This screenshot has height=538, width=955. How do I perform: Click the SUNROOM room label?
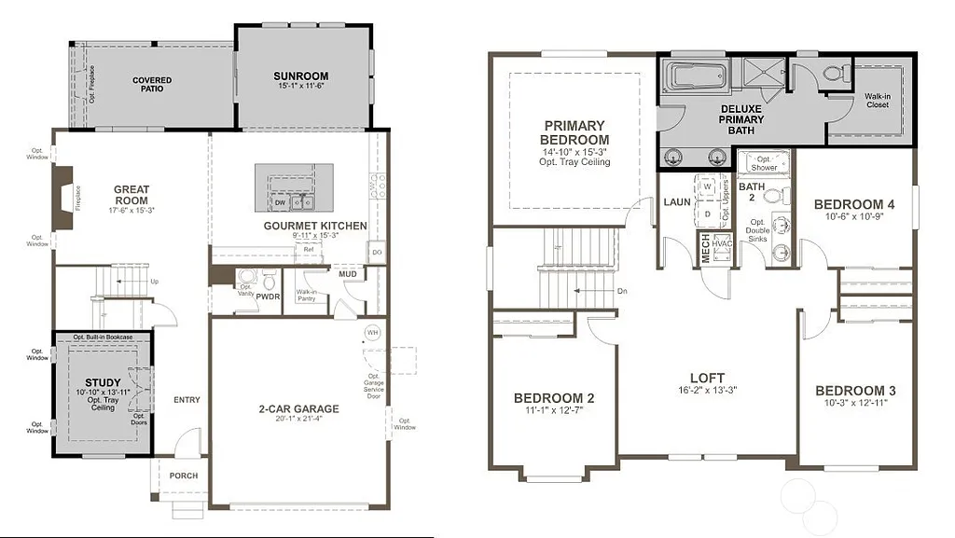(301, 76)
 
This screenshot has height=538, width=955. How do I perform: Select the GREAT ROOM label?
(131, 195)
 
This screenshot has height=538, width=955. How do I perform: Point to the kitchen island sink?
(300, 201)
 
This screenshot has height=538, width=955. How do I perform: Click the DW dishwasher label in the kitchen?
(280, 202)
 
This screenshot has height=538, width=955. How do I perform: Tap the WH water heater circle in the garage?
(372, 333)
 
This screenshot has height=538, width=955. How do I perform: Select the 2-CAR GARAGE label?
(298, 408)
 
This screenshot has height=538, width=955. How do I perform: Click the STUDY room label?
(103, 382)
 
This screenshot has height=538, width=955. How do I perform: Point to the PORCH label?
(184, 476)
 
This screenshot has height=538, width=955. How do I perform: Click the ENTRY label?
(187, 400)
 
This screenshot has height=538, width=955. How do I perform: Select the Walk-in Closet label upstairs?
(877, 100)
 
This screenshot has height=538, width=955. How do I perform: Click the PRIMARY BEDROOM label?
(574, 132)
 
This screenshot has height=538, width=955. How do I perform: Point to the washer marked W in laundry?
(707, 186)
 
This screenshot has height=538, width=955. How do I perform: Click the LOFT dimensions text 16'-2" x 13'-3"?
(705, 390)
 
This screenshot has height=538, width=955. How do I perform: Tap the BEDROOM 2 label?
(554, 398)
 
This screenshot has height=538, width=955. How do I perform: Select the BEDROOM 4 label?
(854, 204)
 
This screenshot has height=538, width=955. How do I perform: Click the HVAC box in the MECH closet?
(721, 243)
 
